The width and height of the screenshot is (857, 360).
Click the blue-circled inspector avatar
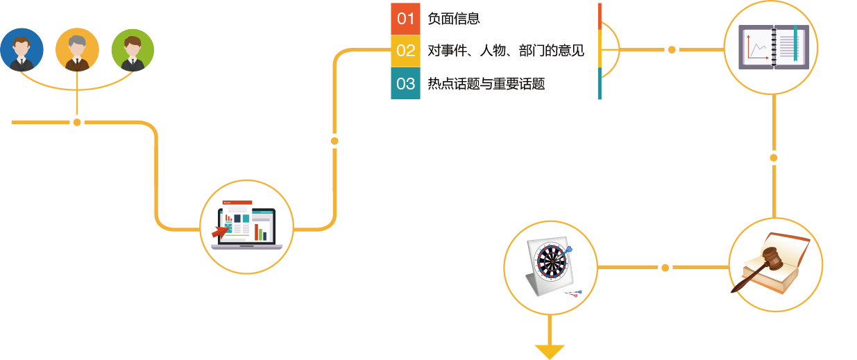tap(22, 50)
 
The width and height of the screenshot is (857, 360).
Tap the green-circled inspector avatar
tap(133, 50)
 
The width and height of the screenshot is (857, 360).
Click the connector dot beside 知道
tap(334, 141)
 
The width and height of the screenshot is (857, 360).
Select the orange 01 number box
tap(405, 19)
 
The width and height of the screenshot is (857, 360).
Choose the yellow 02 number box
tap(405, 51)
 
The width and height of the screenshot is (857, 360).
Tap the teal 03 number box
tap(405, 84)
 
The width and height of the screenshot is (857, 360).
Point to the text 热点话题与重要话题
tap(486, 84)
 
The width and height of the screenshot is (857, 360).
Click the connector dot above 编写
tap(671, 50)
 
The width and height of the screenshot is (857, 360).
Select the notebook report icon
tap(774, 47)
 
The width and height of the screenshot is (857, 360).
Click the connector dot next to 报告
tap(774, 158)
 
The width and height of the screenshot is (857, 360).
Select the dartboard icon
tap(550, 267)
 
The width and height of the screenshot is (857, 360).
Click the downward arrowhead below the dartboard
tap(550, 351)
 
